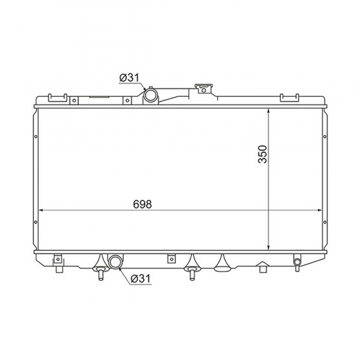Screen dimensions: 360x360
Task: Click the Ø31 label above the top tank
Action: [x=129, y=78]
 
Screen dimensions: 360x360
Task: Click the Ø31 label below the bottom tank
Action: [x=141, y=278]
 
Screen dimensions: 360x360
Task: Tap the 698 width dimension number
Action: [x=143, y=204]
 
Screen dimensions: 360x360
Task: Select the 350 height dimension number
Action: [x=262, y=154]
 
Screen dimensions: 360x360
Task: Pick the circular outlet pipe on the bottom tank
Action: [x=116, y=262]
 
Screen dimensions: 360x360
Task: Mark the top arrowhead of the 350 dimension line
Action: [x=269, y=111]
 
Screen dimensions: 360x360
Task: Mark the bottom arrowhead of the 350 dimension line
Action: [x=269, y=247]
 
